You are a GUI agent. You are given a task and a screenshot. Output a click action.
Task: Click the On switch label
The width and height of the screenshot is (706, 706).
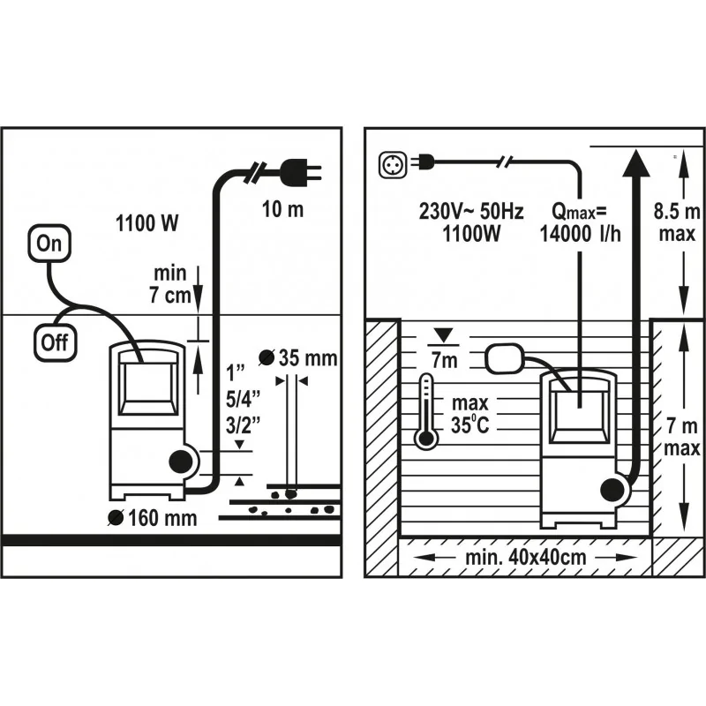coord(52,244)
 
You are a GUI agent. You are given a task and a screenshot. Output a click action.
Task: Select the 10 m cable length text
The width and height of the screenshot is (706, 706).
coord(282,210)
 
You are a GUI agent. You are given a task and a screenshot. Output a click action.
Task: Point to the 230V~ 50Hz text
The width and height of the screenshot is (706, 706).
coord(471,213)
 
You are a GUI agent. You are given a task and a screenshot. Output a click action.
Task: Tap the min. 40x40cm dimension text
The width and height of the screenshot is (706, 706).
coord(527,559)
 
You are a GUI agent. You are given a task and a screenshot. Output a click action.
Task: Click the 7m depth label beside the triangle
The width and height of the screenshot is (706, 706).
coord(442,359)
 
